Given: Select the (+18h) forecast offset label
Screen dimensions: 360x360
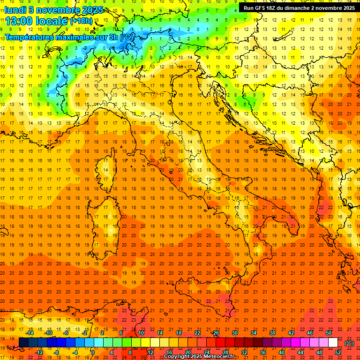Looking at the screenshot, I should tap(82, 21).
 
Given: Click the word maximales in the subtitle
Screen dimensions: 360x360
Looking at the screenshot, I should tap(71, 37).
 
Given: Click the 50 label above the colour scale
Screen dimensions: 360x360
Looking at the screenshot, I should tap(329, 333).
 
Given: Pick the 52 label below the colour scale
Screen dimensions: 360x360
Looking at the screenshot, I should tap(338, 352).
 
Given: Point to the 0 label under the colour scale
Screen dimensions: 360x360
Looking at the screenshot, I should tap(93, 352).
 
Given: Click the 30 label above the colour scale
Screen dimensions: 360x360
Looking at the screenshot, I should tap(234, 333).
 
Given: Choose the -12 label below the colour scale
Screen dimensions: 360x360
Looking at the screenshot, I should tap(39, 352).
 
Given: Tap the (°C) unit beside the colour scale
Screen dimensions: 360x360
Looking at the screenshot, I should tap(349, 343).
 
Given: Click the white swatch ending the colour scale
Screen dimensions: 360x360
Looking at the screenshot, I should tap(333, 343).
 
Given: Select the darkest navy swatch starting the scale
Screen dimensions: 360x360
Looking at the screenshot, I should tap(23, 343).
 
